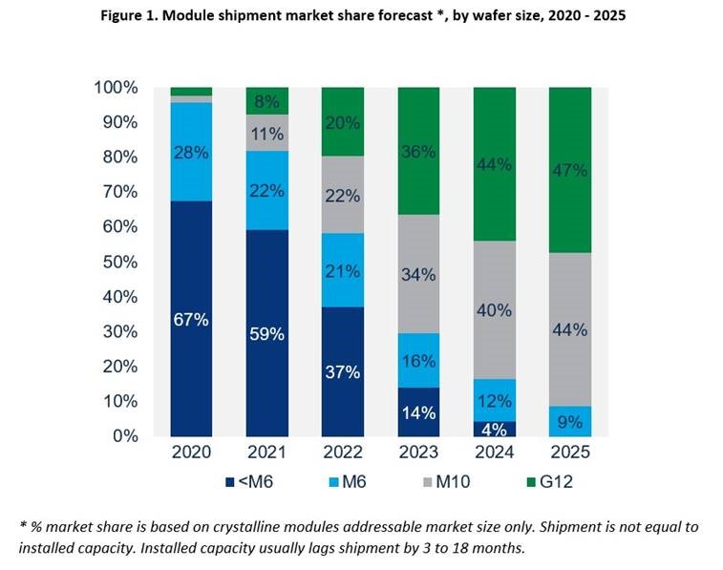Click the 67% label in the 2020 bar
click(x=191, y=320)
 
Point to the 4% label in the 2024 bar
click(x=495, y=429)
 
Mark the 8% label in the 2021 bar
click(x=266, y=101)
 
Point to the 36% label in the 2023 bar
click(x=418, y=151)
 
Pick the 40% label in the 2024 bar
click(x=495, y=310)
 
